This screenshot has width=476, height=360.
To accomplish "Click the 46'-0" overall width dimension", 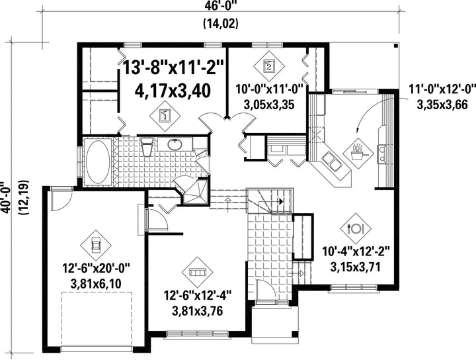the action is (x=221, y=5).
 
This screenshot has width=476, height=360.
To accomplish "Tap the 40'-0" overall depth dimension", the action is (x=5, y=199).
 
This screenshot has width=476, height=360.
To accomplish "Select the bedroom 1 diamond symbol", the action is (x=165, y=116).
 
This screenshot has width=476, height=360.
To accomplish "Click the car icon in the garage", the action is (x=96, y=245).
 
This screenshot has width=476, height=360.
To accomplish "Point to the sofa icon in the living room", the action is (x=197, y=271).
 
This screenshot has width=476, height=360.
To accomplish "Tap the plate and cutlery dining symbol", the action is (x=356, y=228).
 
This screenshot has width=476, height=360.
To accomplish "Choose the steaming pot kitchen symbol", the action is (x=358, y=154).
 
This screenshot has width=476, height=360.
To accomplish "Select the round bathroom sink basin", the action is (x=175, y=145).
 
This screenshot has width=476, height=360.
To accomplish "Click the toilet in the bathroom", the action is (x=147, y=146).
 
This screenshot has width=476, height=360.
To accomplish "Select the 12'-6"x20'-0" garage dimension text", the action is (x=97, y=269).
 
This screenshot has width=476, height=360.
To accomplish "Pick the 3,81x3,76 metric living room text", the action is (x=197, y=311).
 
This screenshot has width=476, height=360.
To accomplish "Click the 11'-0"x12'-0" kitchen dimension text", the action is (x=442, y=89).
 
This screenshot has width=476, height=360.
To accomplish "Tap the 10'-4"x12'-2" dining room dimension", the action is (x=356, y=251).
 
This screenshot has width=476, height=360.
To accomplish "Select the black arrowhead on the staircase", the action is (x=281, y=201).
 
